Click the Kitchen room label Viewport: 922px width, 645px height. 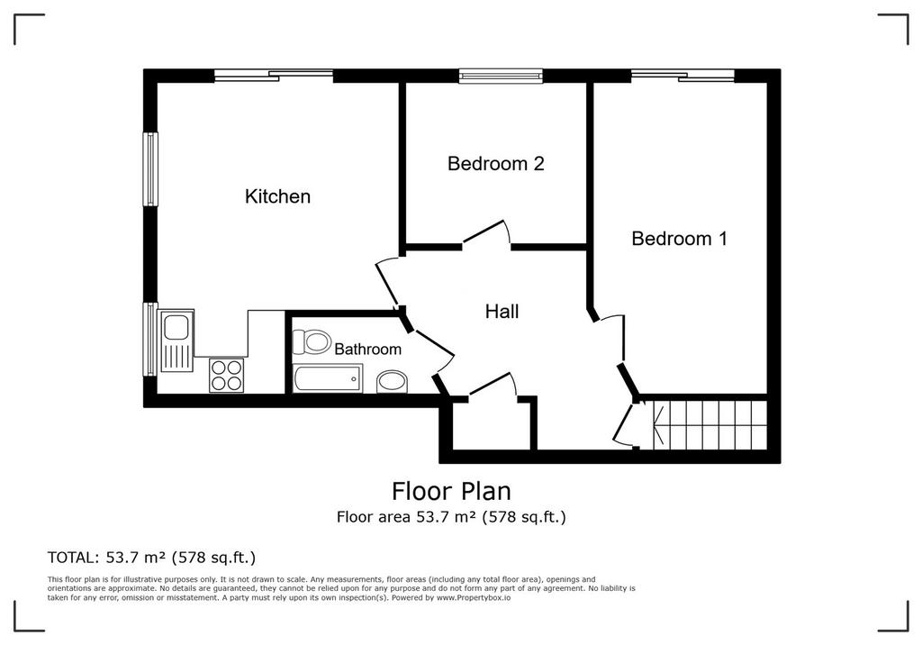pos(277,196)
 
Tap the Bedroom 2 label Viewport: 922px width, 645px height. pos(496,163)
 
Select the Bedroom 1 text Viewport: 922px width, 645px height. pos(679,239)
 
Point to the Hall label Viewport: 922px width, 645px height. pos(502,312)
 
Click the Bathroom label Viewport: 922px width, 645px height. pos(367,349)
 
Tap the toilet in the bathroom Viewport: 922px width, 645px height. pos(312,342)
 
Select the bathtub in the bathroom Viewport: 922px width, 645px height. pos(328,378)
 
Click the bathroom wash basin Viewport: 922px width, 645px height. pos(392,381)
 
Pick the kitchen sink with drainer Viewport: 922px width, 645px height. pos(176,341)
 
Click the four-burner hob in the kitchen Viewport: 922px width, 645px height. pos(226,375)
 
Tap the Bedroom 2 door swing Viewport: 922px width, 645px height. pos(485,232)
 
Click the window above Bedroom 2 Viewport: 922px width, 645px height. pos(501,76)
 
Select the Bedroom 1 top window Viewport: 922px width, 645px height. pos(682,76)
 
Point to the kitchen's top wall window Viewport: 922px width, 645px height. pos(274,76)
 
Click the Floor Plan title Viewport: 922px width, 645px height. pos(452,490)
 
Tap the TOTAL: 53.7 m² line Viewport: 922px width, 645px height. pos(151,557)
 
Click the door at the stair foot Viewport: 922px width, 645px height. pos(625,422)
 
